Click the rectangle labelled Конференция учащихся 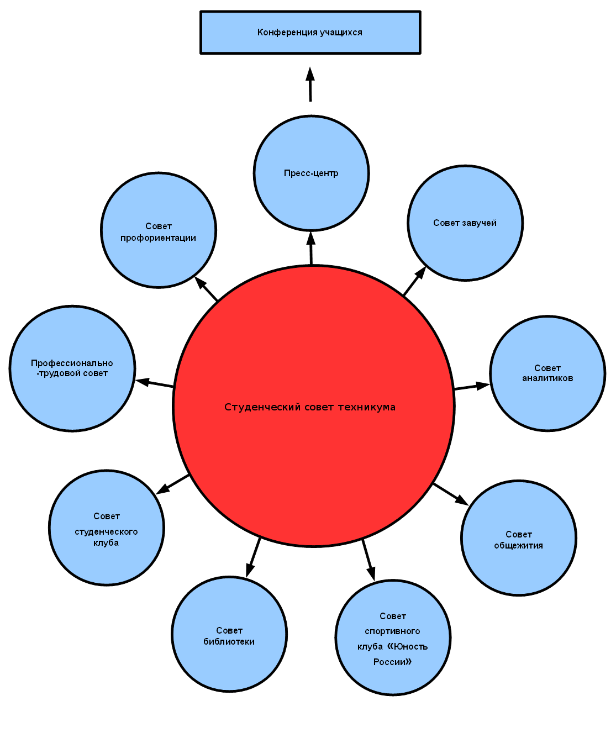point(310,33)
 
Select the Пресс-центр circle point(311,173)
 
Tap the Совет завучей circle point(465,223)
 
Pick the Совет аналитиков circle point(547,373)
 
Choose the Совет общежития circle point(519,539)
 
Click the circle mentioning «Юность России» point(393,638)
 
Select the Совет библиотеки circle point(229,634)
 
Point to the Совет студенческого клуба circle point(107,528)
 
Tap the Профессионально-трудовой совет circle point(72,368)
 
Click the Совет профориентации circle point(159,230)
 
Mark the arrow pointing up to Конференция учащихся point(310,84)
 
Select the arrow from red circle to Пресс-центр point(311,249)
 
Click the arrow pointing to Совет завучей point(414,282)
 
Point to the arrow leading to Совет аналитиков point(471,386)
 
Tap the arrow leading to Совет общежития point(450,494)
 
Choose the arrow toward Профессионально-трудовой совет point(155,383)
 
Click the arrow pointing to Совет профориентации point(207,288)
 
